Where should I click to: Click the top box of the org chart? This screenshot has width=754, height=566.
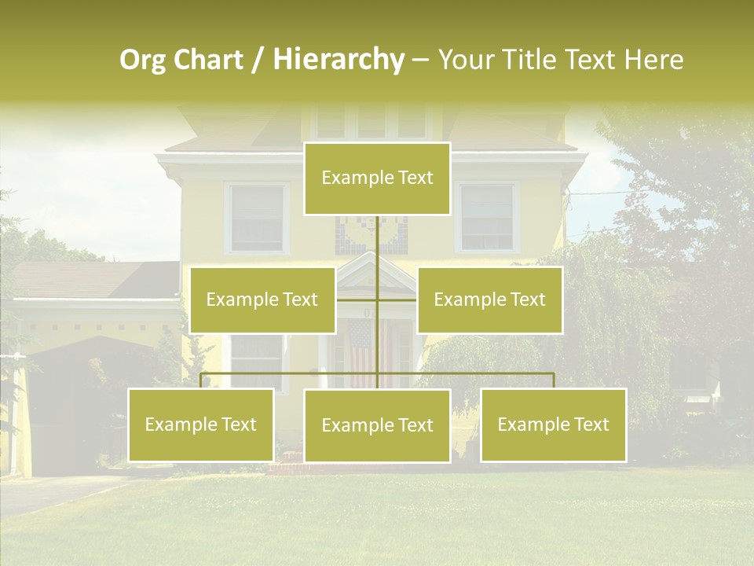(377, 178)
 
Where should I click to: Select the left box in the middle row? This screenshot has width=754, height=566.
(262, 300)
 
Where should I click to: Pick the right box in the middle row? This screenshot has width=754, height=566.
(489, 300)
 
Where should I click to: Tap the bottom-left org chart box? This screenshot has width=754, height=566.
(201, 424)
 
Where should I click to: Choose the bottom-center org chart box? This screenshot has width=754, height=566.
(377, 425)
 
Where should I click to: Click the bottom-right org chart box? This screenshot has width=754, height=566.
(553, 424)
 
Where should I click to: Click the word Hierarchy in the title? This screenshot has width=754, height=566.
(339, 60)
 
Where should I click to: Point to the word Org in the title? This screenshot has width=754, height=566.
(142, 60)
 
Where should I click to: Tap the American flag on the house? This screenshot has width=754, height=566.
(362, 354)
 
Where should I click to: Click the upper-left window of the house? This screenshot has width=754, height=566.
(257, 218)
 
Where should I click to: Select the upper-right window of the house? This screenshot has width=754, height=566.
(486, 217)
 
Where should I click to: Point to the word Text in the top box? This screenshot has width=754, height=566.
(415, 178)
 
